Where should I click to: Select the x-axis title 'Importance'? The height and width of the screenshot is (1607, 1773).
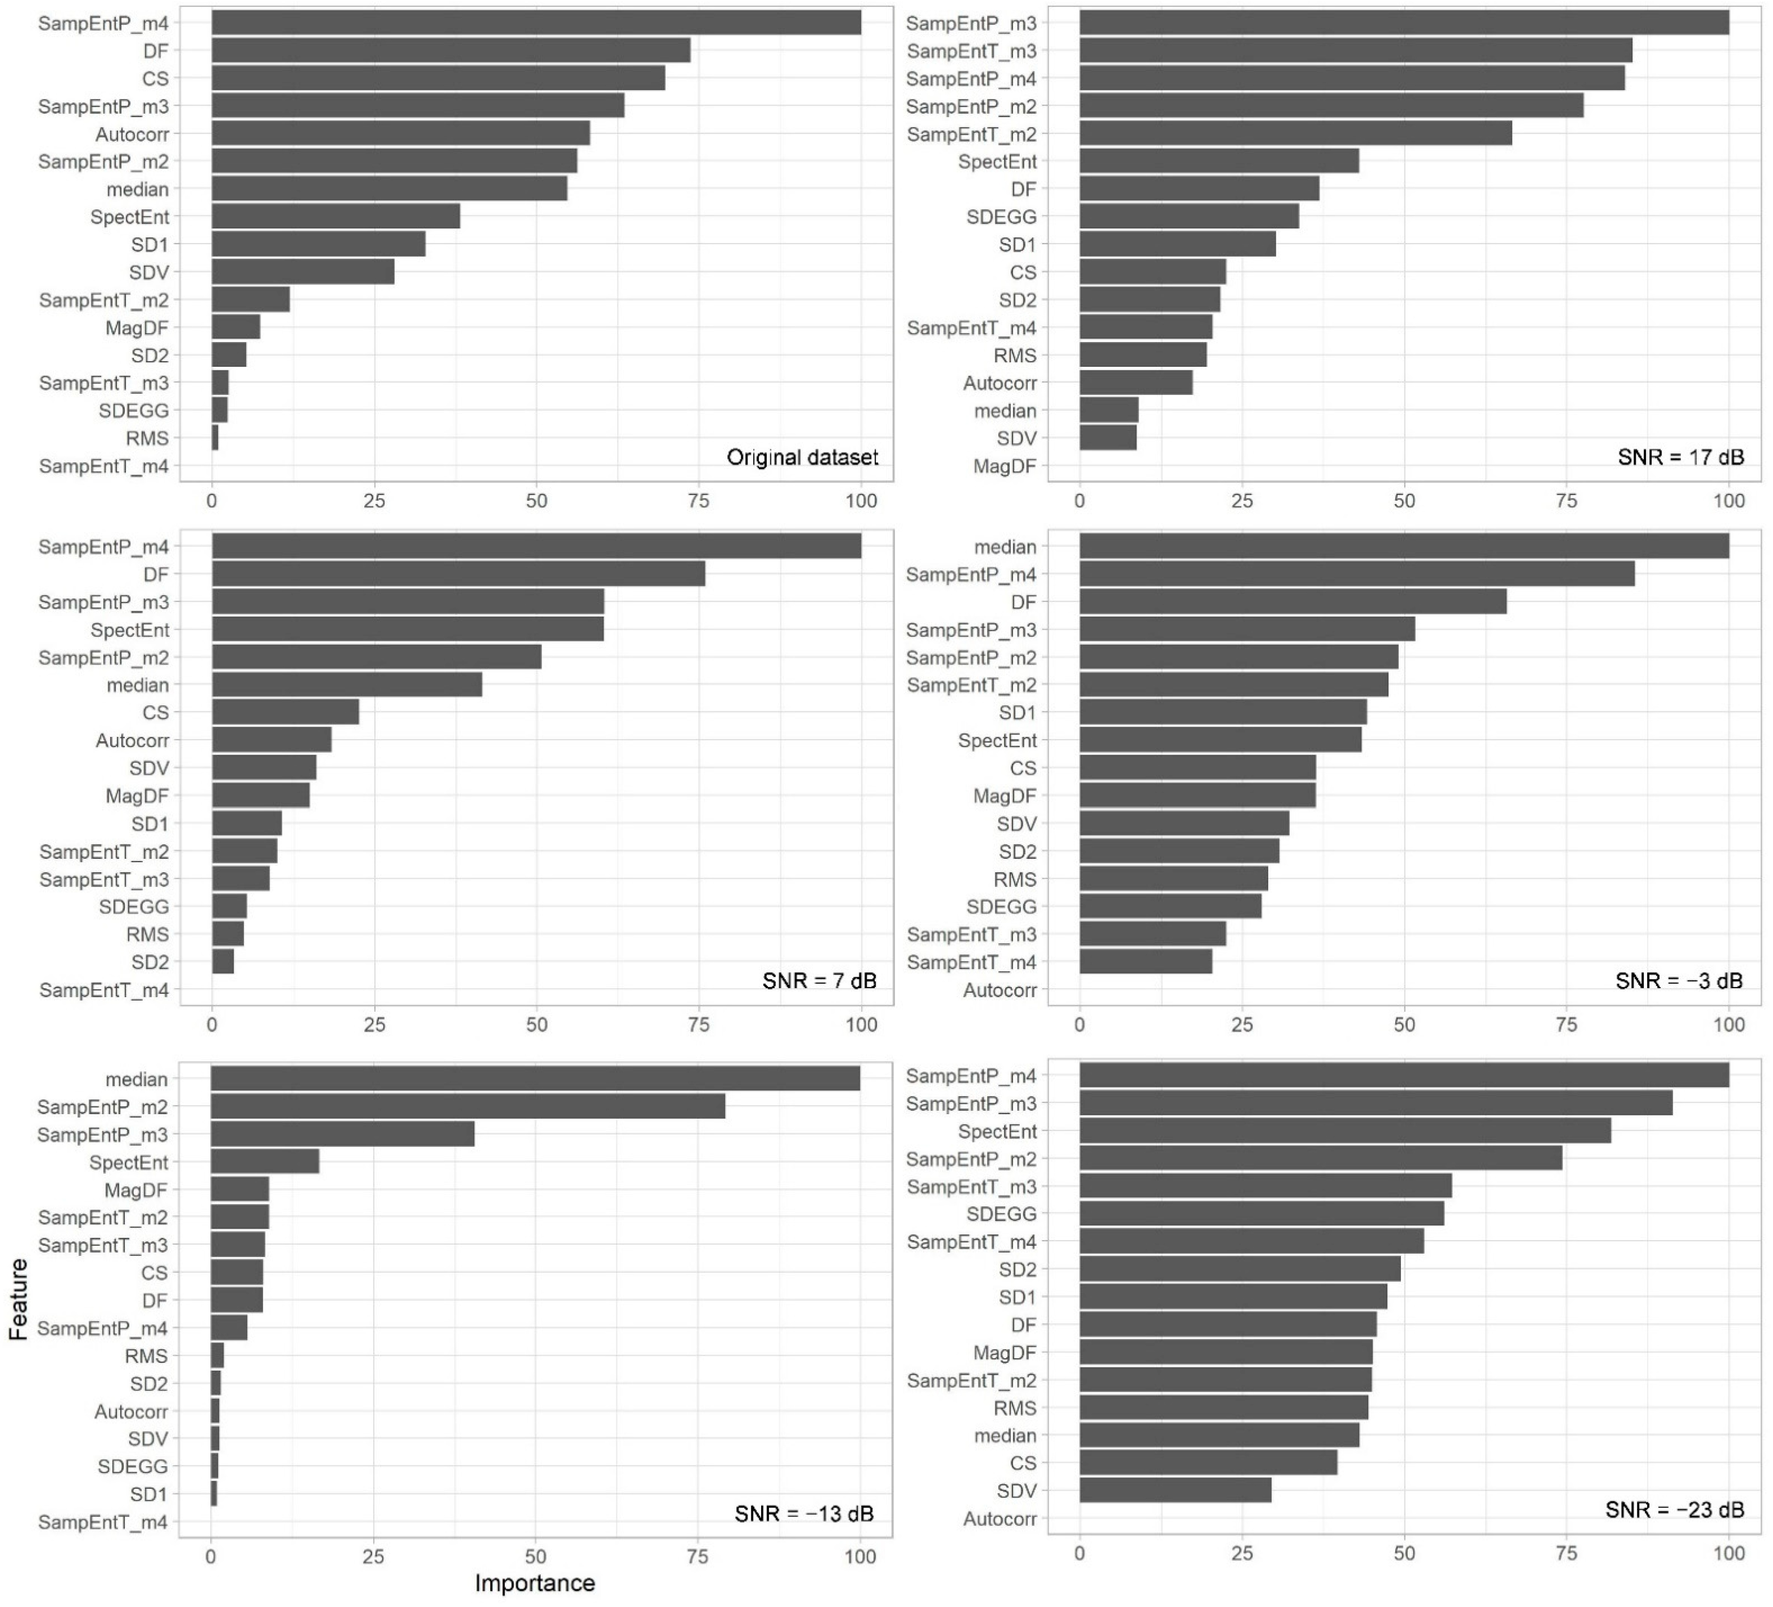pos(535,1583)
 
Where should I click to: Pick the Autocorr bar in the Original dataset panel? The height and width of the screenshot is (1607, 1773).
pos(400,134)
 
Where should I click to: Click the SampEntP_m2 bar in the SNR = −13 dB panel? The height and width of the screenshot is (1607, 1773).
pos(468,1107)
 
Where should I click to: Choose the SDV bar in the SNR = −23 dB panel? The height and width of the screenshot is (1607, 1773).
pos(1175,1490)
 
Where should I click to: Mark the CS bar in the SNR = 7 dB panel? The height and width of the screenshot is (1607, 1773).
pos(285,713)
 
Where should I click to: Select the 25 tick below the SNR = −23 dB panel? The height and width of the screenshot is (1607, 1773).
pos(1242,1553)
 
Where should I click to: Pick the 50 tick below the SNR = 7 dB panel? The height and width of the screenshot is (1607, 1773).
pos(536,1025)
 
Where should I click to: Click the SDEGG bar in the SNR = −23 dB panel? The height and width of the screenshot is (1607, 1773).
pos(1261,1214)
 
